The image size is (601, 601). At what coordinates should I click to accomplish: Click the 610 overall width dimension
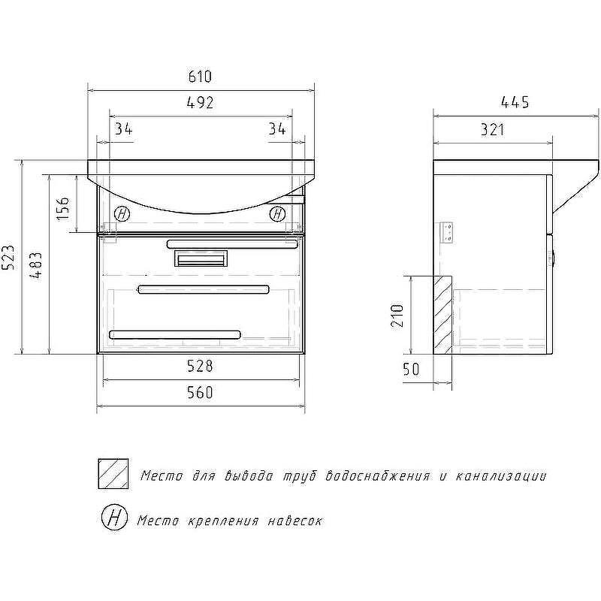(x=200, y=77)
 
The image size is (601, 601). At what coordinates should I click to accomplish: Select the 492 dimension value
(x=200, y=103)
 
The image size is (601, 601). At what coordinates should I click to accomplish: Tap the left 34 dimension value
(x=124, y=129)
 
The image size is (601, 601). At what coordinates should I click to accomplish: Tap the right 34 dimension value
(x=277, y=128)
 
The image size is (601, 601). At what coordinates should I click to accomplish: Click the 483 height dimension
(x=35, y=265)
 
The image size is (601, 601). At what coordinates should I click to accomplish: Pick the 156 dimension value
(x=63, y=209)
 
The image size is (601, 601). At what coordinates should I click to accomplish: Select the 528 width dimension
(x=200, y=366)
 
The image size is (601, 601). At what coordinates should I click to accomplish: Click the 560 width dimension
(x=200, y=392)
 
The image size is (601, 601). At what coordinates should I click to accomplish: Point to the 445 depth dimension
(x=515, y=102)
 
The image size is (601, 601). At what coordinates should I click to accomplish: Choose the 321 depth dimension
(x=493, y=130)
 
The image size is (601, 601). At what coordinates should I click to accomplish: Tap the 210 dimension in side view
(x=397, y=316)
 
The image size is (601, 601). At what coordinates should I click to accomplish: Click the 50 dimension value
(x=411, y=369)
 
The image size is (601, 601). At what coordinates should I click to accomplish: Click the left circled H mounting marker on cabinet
(x=122, y=213)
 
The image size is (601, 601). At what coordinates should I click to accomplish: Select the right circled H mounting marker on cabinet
(x=277, y=213)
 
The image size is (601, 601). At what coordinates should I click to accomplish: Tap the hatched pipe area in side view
(x=442, y=315)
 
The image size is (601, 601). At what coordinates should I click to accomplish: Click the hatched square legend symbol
(x=113, y=474)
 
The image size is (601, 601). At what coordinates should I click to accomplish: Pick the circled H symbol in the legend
(x=115, y=518)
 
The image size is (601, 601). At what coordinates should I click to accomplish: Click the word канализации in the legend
(x=501, y=476)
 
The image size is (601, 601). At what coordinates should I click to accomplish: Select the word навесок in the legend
(x=295, y=521)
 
